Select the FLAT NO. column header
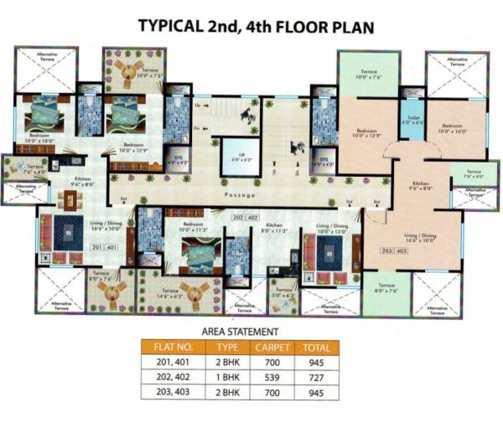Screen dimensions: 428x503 (x=174, y=348)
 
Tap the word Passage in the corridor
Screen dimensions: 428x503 (x=239, y=193)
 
